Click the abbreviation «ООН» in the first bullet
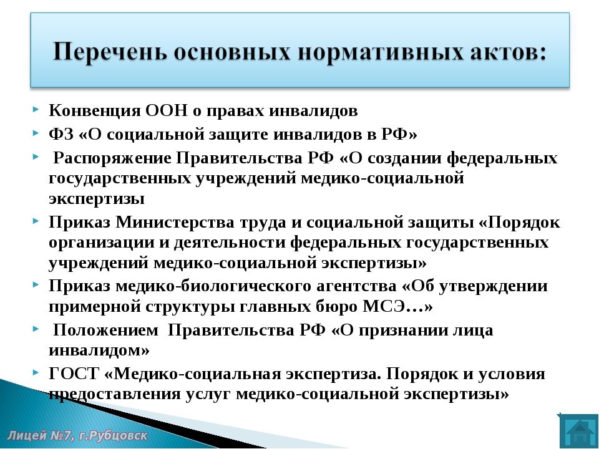167,111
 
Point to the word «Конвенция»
95,111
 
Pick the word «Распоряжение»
112,158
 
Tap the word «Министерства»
175,222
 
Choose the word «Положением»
105,330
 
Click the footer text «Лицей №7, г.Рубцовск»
77,436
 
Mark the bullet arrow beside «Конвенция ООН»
36,110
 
